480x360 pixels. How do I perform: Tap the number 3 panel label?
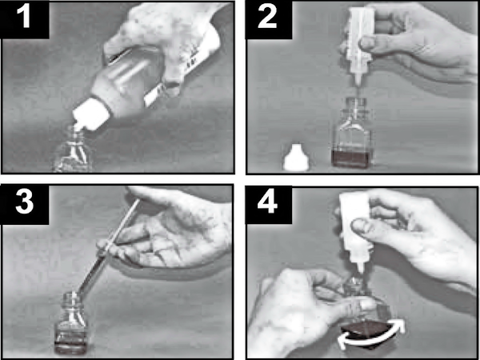point(24,202)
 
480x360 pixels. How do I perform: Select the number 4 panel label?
point(267,202)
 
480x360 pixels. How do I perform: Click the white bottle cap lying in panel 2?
point(296,158)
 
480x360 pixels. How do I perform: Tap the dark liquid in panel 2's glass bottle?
point(352,158)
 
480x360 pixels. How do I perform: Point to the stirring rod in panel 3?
point(107,246)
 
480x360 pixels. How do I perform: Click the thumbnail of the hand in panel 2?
point(366,44)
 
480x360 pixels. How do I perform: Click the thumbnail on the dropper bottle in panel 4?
point(360,226)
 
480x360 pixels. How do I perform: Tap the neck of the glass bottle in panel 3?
point(71,299)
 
